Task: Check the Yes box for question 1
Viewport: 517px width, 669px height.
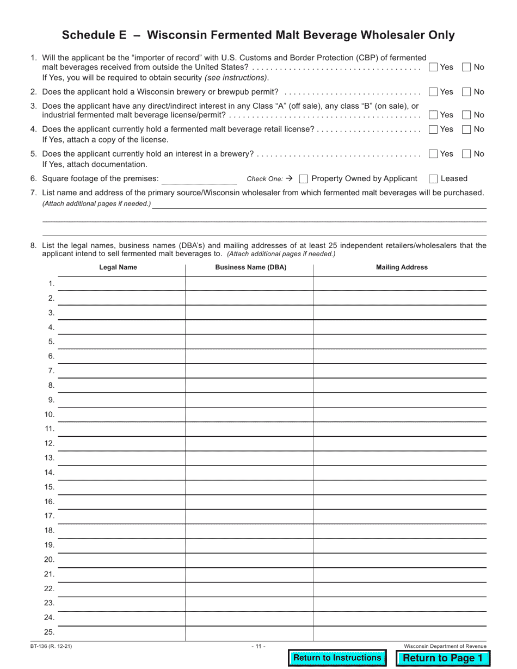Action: click(x=433, y=67)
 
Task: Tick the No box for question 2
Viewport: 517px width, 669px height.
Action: click(x=466, y=92)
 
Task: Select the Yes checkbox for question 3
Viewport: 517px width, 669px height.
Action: click(x=433, y=115)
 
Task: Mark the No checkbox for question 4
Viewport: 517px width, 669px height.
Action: click(x=466, y=129)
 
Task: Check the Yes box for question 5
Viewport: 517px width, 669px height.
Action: click(x=433, y=154)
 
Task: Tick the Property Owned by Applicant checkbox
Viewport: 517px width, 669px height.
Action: click(x=304, y=178)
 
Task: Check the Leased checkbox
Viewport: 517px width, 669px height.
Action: click(x=433, y=178)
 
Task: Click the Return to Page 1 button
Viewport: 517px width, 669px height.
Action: click(x=442, y=658)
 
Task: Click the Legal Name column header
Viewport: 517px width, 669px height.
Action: click(x=118, y=267)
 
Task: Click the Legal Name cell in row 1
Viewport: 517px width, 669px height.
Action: click(x=121, y=283)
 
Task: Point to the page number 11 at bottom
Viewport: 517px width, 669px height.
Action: click(x=258, y=646)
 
